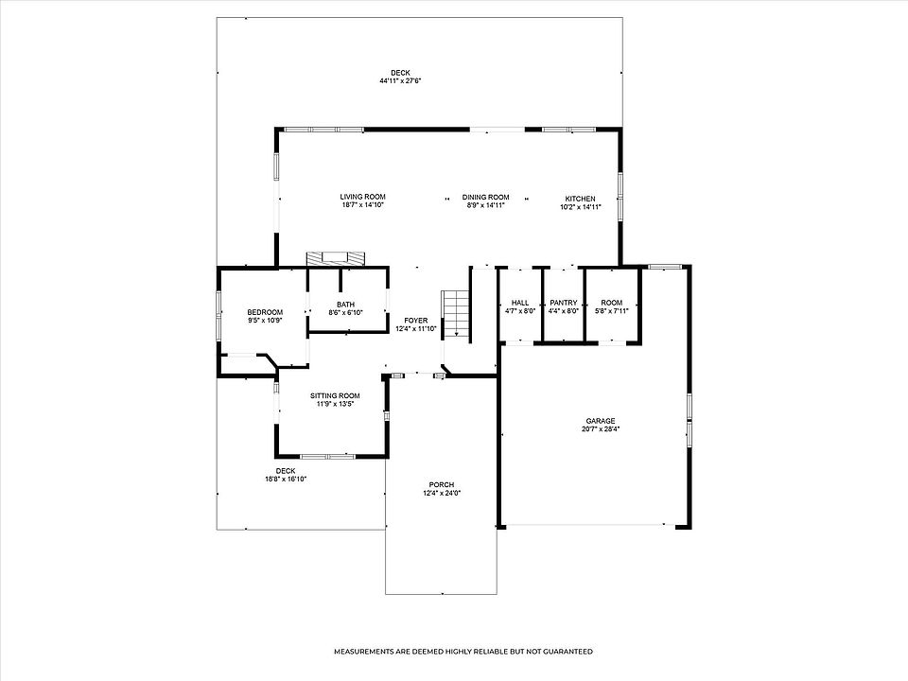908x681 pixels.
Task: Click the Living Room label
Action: pyautogui.click(x=362, y=197)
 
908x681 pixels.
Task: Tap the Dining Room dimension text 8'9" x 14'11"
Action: pyautogui.click(x=486, y=205)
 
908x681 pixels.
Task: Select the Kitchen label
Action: pyautogui.click(x=580, y=199)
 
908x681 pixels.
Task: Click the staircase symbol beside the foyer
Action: pyautogui.click(x=456, y=313)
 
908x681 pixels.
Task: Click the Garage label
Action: pyautogui.click(x=601, y=421)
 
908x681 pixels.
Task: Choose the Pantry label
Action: pyautogui.click(x=564, y=303)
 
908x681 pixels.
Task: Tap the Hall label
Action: pyautogui.click(x=520, y=303)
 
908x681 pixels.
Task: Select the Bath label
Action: pyautogui.click(x=346, y=305)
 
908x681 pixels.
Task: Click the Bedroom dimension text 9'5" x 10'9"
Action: pyautogui.click(x=265, y=321)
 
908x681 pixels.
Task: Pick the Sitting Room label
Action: pyautogui.click(x=335, y=396)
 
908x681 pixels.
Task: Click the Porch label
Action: pyautogui.click(x=442, y=484)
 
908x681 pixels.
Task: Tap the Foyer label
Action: pyautogui.click(x=416, y=321)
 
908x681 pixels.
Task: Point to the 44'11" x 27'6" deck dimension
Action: pyautogui.click(x=400, y=81)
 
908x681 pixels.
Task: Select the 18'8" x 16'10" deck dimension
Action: pyautogui.click(x=286, y=479)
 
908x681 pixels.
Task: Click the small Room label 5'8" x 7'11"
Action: pyautogui.click(x=612, y=306)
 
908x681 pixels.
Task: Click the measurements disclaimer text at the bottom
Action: pyautogui.click(x=463, y=652)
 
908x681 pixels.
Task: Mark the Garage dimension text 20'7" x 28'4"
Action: pyautogui.click(x=601, y=429)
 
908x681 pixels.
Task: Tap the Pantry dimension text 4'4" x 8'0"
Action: pyautogui.click(x=564, y=310)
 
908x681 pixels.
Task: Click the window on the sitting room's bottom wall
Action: pyautogui.click(x=328, y=456)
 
